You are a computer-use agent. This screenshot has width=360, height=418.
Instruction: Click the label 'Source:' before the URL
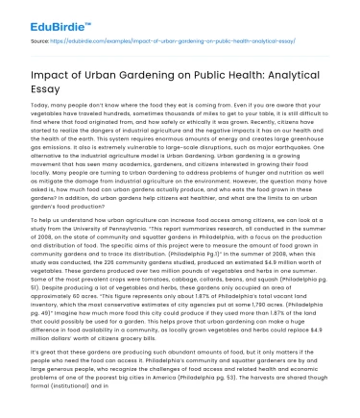click(x=41, y=42)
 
